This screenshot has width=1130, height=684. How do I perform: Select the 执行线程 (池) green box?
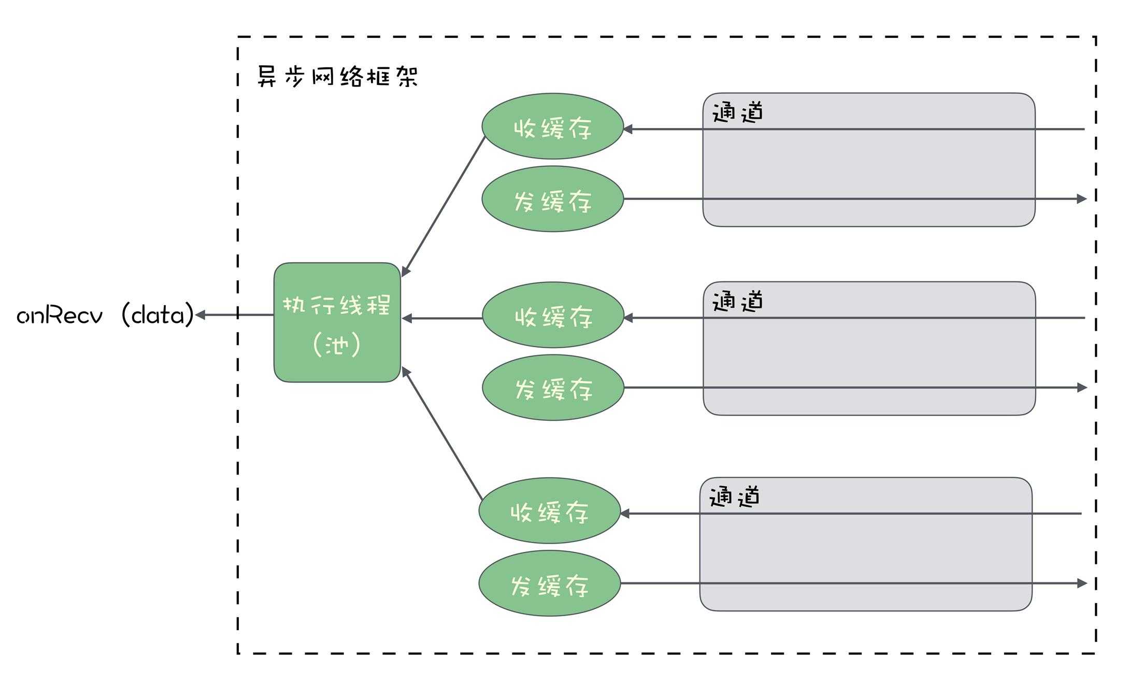coord(337,322)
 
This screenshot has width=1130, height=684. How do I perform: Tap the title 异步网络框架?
coord(337,77)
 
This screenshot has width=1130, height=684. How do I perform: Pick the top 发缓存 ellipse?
coord(552,199)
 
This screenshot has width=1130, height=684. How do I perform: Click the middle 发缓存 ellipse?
coord(553,388)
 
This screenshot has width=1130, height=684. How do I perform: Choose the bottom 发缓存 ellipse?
coord(549,584)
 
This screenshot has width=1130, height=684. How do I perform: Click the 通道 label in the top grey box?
coord(737,112)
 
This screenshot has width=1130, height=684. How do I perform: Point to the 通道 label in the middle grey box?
coord(737,301)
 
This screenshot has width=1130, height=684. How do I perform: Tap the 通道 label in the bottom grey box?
coord(734,496)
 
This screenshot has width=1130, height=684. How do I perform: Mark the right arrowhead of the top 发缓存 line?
coord(1081,199)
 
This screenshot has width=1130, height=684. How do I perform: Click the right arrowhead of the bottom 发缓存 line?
coord(1081,583)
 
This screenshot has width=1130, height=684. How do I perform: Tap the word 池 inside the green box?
coord(336,345)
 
